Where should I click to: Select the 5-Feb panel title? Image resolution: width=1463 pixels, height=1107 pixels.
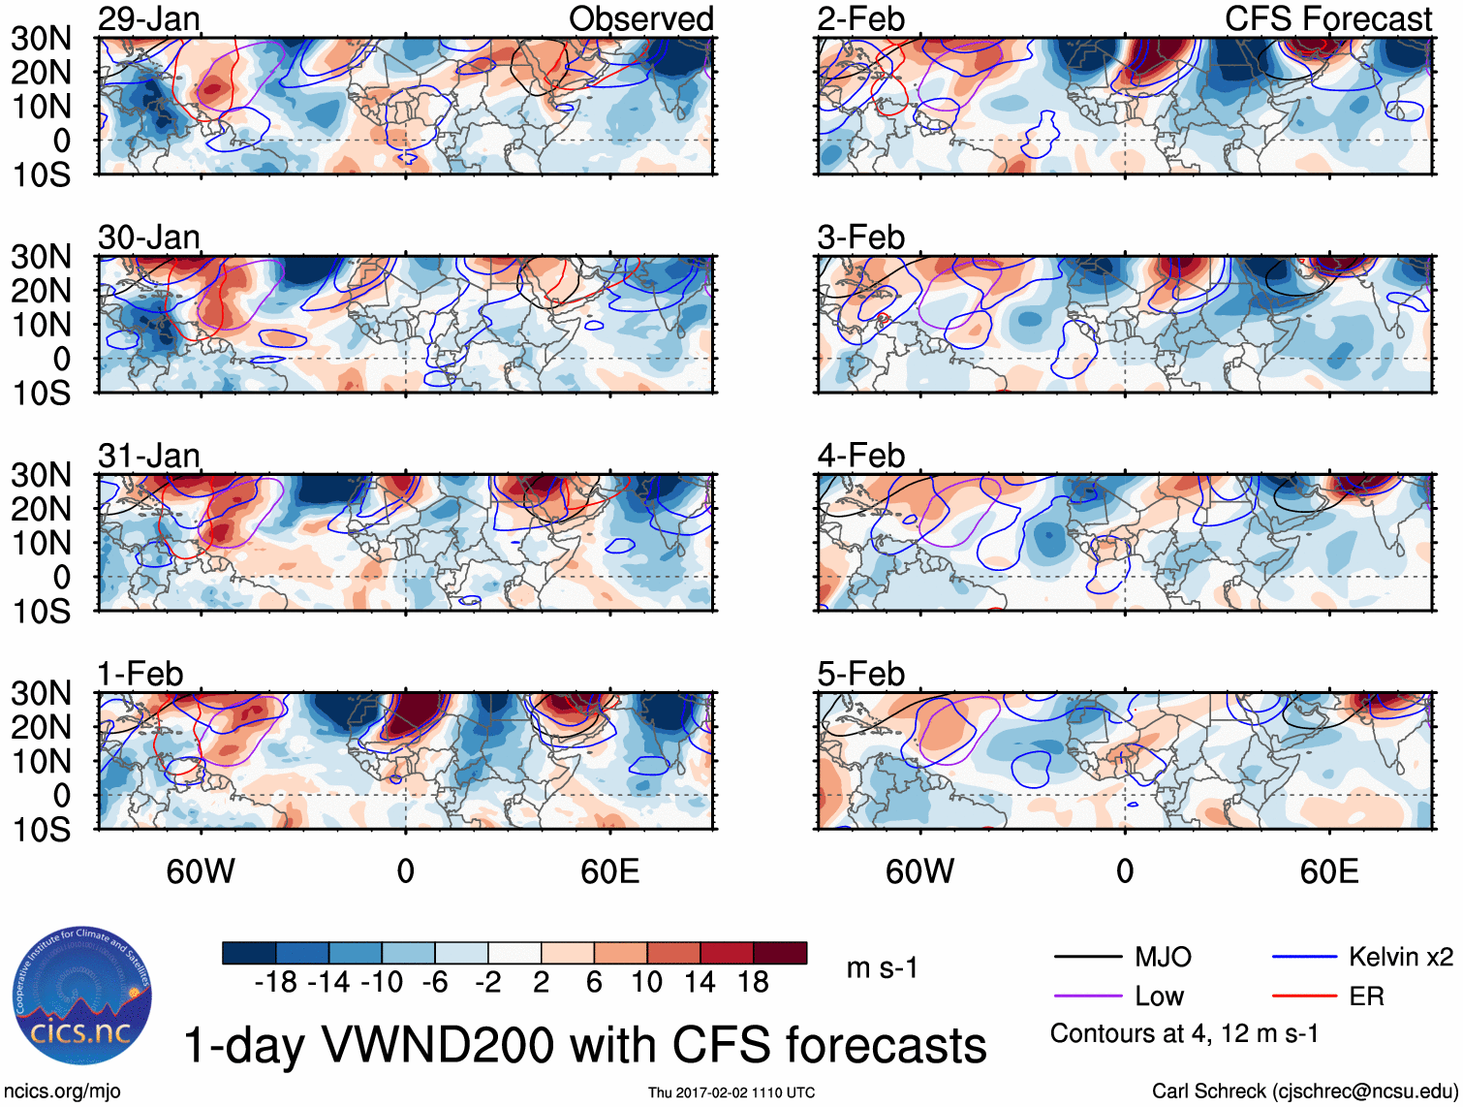860,674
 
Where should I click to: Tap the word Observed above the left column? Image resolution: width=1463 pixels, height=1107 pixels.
640,18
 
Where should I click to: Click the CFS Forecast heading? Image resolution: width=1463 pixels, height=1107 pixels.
1327,18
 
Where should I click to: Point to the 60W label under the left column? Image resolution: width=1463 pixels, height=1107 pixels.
200,871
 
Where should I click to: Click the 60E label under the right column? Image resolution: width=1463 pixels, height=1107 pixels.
1328,871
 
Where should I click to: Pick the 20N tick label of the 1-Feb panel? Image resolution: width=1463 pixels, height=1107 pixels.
41,727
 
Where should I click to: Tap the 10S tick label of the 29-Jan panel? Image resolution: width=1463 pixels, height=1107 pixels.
41,175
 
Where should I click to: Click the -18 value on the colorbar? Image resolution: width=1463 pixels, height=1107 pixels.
276,982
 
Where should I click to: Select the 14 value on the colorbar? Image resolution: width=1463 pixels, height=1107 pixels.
700,982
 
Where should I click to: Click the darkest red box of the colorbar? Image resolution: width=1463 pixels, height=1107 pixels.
780,953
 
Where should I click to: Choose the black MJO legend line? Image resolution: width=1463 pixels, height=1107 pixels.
1088,958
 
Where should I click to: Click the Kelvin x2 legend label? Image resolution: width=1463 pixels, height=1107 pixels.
1400,958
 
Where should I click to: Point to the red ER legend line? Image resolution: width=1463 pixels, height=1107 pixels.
1304,996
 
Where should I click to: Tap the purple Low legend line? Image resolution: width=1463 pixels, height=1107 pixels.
1088,996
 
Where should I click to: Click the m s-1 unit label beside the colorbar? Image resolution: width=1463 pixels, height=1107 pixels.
882,967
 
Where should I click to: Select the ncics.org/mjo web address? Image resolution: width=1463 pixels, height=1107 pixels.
62,1091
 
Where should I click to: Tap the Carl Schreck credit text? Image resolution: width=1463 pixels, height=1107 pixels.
1304,1091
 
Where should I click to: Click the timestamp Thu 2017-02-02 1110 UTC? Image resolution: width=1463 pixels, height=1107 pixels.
731,1092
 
